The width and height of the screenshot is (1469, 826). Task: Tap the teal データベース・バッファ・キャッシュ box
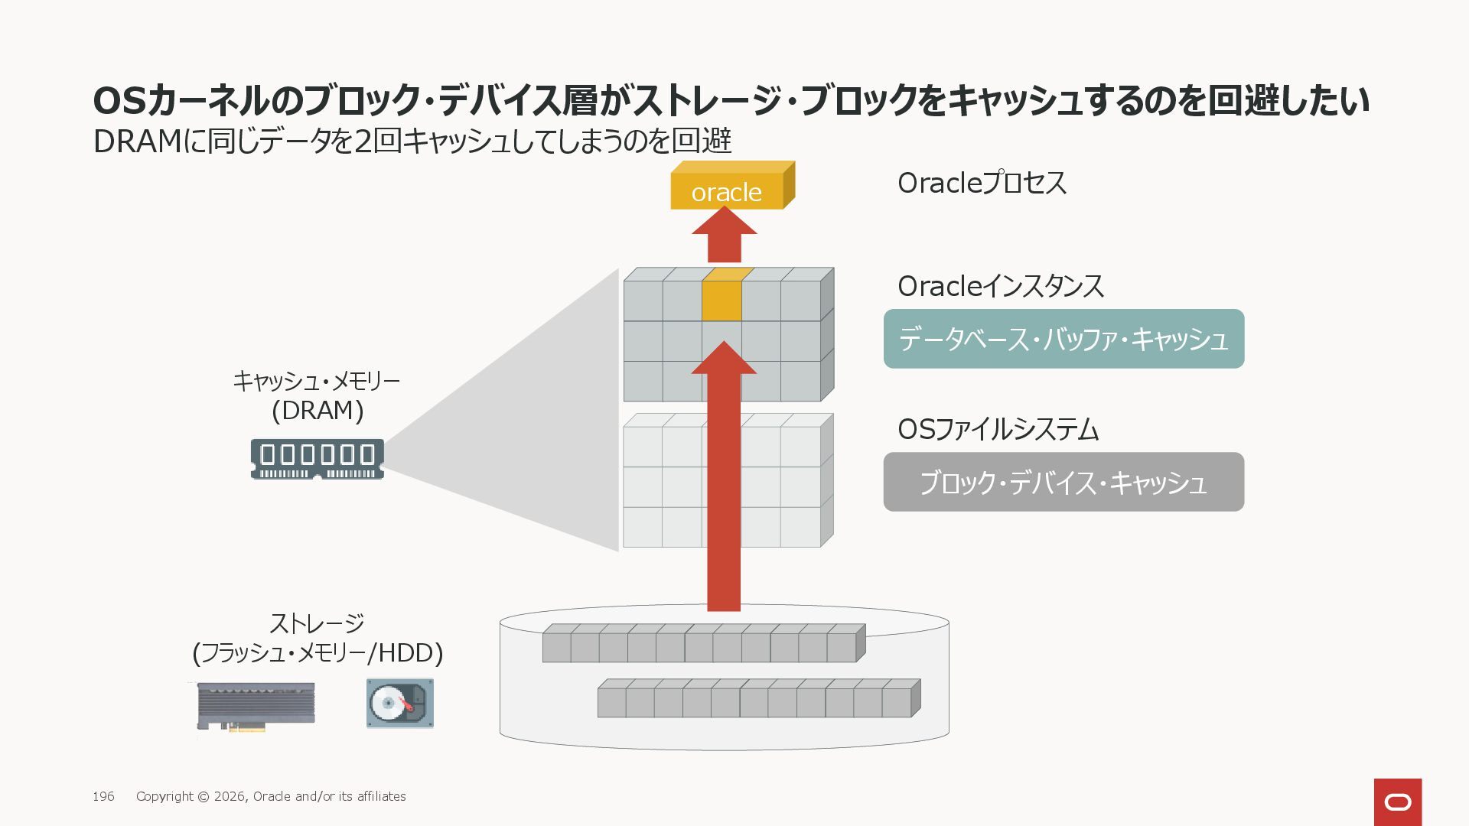(1063, 339)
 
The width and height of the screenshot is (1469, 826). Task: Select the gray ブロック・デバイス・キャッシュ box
(1063, 483)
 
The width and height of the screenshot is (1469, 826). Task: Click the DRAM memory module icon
(318, 459)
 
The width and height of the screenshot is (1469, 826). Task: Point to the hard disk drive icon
(399, 703)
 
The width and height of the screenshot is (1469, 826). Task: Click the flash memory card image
(256, 705)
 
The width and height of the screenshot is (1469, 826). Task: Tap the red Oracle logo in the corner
(1397, 802)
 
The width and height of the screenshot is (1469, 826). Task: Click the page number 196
(103, 797)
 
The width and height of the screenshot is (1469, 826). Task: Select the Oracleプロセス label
(982, 184)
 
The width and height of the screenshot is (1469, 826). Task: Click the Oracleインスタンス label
(1000, 287)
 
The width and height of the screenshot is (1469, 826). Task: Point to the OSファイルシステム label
(998, 430)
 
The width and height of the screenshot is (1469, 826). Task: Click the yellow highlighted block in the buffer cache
(721, 301)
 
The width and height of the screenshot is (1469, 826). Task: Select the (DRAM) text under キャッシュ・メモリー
(318, 411)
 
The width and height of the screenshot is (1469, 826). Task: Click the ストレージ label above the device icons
(317, 623)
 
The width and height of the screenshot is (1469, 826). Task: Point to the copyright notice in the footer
(271, 797)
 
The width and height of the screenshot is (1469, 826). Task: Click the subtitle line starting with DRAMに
(412, 141)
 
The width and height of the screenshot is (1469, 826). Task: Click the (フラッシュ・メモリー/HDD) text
(318, 653)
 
